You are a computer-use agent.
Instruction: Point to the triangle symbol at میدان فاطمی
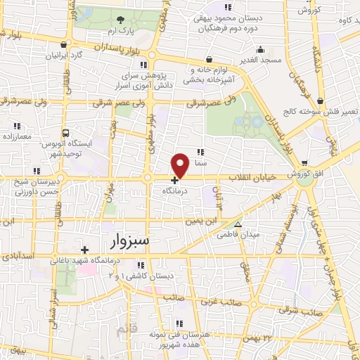(238, 225)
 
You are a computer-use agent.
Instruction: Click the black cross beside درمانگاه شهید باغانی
(84, 250)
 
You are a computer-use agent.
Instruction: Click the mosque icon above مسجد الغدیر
(261, 50)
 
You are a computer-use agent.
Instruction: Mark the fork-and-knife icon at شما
(201, 151)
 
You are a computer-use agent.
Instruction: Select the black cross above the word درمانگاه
(174, 180)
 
